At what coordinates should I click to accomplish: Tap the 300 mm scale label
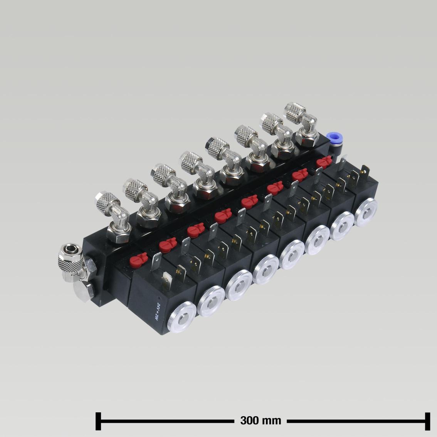click(261, 420)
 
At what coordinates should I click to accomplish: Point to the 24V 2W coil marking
click(157, 309)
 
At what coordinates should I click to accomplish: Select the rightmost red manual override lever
click(324, 162)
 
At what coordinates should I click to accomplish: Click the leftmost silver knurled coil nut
click(180, 317)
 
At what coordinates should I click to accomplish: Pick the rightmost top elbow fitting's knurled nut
click(296, 111)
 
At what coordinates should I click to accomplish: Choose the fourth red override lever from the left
click(222, 216)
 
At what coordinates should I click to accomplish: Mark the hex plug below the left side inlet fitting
click(85, 288)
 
